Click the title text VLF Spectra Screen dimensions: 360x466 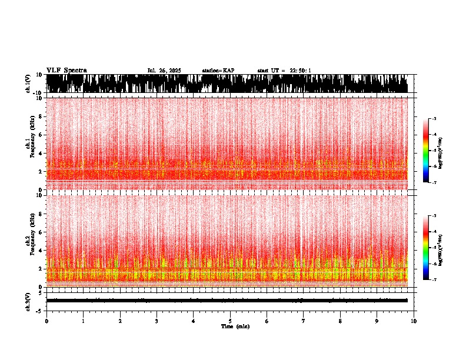point(66,70)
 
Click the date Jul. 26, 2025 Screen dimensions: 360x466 point(164,71)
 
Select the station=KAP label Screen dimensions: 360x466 point(218,71)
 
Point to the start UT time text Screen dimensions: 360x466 point(284,71)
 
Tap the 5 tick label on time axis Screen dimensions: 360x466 point(230,321)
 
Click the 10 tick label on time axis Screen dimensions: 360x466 point(414,321)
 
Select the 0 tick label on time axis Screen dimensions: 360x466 point(46,321)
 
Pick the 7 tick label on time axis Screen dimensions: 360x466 point(304,321)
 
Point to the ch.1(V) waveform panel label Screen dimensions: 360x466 point(28,84)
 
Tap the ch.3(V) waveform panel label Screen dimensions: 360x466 point(28,301)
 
